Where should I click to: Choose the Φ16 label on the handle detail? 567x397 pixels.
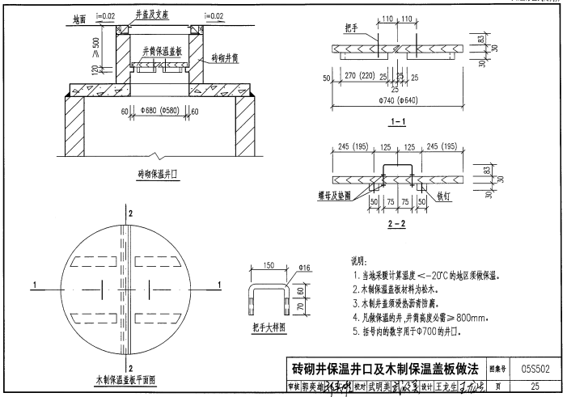303,268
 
